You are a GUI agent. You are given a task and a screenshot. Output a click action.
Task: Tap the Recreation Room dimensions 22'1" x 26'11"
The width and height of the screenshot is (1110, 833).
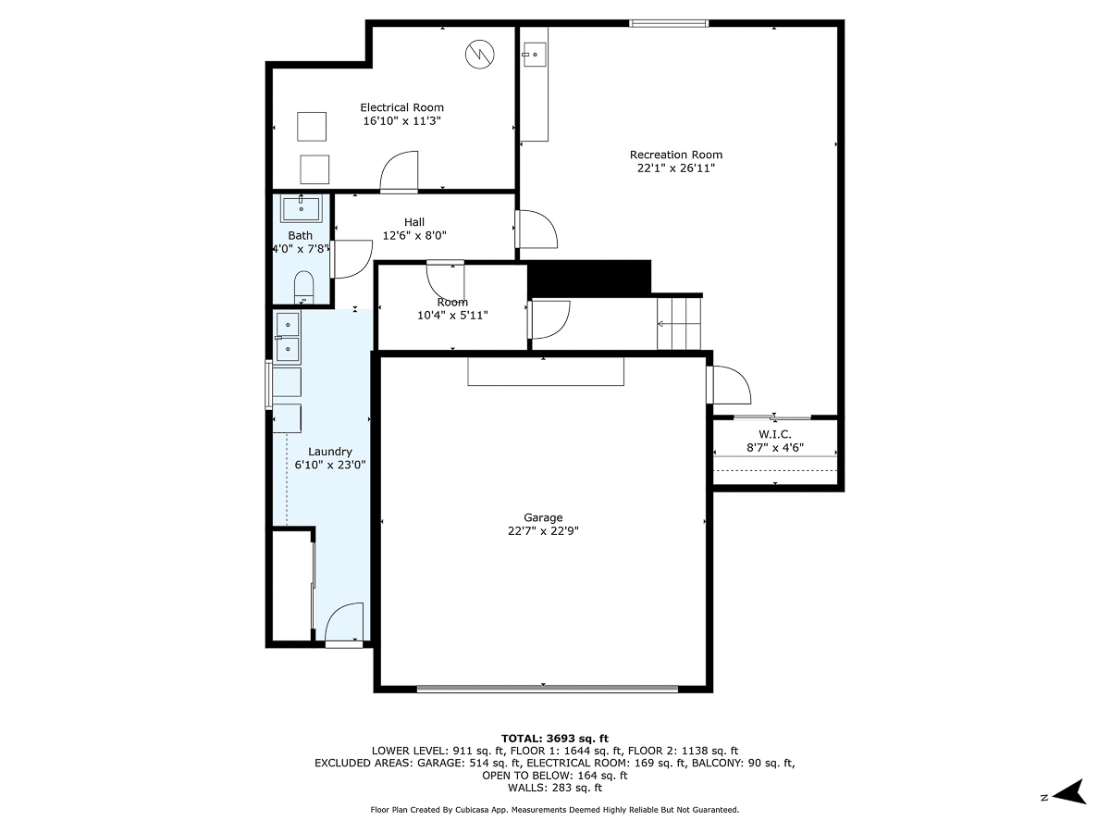pyautogui.click(x=675, y=168)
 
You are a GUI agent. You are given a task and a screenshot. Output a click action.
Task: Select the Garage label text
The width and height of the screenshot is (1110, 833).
pyautogui.click(x=542, y=517)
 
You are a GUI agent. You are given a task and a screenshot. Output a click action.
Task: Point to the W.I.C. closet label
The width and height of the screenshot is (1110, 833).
pyautogui.click(x=775, y=434)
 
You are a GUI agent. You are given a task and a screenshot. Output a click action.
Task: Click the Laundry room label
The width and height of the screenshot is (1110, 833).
pyautogui.click(x=330, y=452)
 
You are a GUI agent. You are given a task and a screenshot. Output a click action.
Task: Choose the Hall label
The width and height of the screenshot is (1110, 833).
pyautogui.click(x=414, y=222)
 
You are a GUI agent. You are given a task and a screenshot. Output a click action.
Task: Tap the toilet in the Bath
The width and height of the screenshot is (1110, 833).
pyautogui.click(x=303, y=286)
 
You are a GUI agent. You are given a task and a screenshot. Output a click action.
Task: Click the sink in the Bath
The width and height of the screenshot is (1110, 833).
pyautogui.click(x=301, y=209)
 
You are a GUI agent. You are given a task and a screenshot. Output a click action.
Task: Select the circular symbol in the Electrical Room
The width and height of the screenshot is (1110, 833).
pyautogui.click(x=480, y=54)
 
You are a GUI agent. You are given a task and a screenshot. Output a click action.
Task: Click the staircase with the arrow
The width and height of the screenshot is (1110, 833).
pyautogui.click(x=680, y=323)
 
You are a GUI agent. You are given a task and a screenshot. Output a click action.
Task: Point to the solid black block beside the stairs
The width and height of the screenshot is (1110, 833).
pyautogui.click(x=589, y=278)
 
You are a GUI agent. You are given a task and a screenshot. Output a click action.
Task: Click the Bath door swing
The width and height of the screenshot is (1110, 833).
pyautogui.click(x=350, y=259)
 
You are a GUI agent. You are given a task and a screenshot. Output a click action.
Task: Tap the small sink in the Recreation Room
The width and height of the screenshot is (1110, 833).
pyautogui.click(x=532, y=55)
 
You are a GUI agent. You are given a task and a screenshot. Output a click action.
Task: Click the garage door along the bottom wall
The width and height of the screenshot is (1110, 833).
pyautogui.click(x=547, y=688)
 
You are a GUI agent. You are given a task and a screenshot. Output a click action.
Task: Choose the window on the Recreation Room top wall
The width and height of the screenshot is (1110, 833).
pyautogui.click(x=669, y=23)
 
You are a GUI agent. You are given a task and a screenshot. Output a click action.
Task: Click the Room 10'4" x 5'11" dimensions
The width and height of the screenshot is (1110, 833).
pyautogui.click(x=452, y=316)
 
